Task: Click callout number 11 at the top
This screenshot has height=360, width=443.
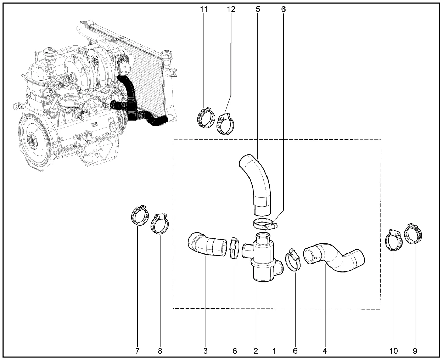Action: click(204, 9)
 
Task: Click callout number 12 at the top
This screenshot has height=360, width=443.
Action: click(231, 9)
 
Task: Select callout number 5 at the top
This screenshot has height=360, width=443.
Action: click(258, 9)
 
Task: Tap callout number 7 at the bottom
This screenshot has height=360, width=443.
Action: click(137, 351)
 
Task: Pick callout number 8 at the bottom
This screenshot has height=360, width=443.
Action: click(160, 351)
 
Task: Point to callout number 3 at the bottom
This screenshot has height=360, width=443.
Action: click(205, 351)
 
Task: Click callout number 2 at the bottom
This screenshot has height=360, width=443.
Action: click(256, 351)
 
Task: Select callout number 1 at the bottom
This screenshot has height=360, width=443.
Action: click(274, 351)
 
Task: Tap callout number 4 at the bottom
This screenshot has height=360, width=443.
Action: click(325, 351)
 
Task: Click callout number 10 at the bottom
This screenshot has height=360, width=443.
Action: click(393, 351)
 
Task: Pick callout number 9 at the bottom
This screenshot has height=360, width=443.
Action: click(415, 351)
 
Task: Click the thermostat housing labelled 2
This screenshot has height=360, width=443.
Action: click(262, 260)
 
